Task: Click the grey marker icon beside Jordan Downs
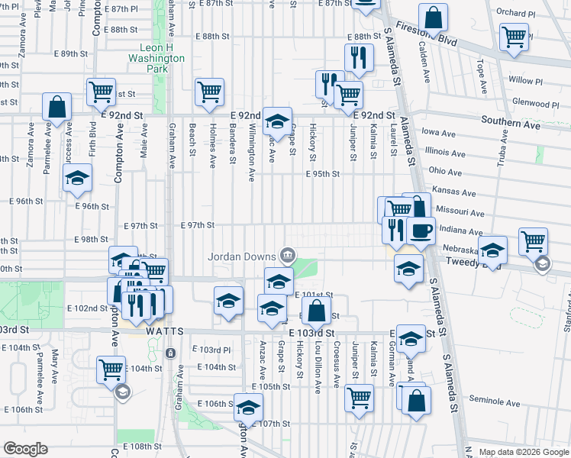(x=288, y=254)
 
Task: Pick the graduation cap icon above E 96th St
(x=76, y=179)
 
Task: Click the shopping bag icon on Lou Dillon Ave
(x=316, y=310)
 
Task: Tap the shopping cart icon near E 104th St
(x=111, y=369)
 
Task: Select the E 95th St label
(x=322, y=174)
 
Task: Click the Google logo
(x=25, y=449)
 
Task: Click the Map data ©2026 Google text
(x=524, y=452)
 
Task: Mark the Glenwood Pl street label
(x=536, y=103)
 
